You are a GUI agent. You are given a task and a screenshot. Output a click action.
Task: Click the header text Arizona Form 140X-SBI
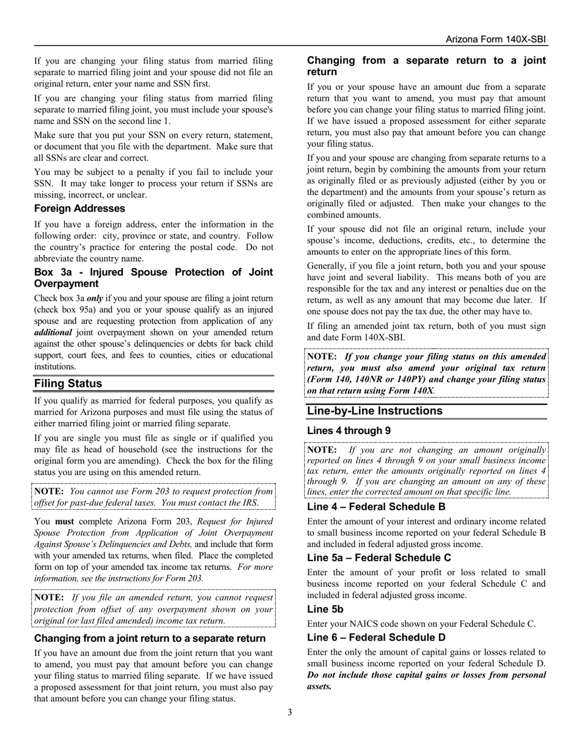pos(496,39)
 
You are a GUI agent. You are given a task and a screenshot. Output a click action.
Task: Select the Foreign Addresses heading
pos(79,208)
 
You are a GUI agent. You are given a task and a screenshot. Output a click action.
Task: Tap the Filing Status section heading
pos(68,383)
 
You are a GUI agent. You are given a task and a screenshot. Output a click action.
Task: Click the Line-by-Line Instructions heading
pos(375,411)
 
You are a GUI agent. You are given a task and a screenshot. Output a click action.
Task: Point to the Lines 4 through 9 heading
pos(349,430)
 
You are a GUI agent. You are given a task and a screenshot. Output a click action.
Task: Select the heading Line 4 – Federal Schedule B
pos(376,507)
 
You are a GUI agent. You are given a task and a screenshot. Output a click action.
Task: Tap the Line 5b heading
pos(325,609)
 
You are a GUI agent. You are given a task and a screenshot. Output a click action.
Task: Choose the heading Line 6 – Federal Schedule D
pos(376,638)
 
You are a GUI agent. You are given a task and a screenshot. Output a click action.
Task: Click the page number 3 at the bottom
pos(290,712)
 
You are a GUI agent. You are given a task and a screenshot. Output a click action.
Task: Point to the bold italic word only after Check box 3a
pos(95,298)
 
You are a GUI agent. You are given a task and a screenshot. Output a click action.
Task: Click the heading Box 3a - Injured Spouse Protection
pos(153,278)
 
